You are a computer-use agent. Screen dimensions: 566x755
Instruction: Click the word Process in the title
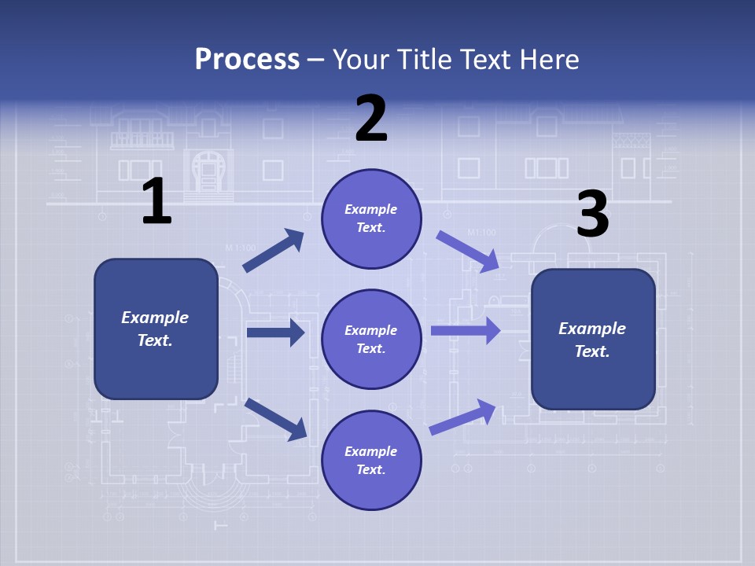247,59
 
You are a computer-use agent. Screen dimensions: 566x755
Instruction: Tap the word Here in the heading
549,59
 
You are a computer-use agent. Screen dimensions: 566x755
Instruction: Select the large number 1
157,201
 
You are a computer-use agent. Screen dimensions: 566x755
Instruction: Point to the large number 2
371,119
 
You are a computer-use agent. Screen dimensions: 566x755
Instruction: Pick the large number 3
592,214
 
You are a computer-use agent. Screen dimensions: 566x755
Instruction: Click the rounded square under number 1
156,329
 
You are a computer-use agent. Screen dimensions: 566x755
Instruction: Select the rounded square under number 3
593,339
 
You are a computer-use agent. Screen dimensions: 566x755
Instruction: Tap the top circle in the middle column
371,219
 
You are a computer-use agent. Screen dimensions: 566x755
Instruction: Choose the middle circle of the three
371,339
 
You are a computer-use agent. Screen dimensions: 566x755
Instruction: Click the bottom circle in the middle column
371,460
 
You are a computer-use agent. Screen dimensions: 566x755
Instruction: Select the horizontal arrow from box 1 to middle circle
275,333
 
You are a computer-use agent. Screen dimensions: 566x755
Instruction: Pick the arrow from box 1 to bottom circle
275,419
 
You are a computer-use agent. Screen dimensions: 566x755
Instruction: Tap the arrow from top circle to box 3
468,252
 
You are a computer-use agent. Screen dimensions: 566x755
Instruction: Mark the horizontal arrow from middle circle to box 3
466,330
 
